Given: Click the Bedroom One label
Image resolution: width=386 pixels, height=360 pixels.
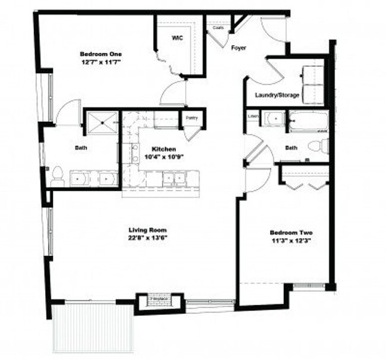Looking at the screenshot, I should tap(96, 54).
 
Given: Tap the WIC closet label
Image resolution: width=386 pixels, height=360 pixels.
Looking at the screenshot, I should tap(177, 37).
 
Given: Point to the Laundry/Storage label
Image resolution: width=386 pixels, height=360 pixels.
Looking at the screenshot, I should tap(277, 95).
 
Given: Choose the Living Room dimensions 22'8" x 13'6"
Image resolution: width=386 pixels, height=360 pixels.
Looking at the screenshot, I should tap(148, 238).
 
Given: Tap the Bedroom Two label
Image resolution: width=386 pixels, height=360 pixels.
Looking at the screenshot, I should tap(291, 232).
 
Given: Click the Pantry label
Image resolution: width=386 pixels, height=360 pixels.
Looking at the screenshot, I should tap(191, 118).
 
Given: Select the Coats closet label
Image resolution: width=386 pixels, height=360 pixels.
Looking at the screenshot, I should tap(218, 28).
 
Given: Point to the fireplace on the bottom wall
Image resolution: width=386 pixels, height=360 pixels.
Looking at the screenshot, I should tap(157, 302).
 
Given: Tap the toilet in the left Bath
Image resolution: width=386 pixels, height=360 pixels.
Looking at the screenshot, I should tap(57, 176).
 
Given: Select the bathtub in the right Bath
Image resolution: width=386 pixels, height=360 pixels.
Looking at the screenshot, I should tap(308, 121).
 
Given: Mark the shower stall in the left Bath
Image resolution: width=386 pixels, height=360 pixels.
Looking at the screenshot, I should tap(103, 123).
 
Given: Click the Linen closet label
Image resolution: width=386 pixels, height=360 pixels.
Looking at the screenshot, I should tap(252, 116).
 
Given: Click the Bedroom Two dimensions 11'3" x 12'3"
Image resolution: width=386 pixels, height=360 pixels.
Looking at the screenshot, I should tap(291, 241).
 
